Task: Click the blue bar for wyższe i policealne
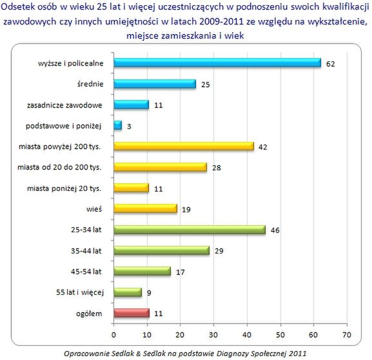217,63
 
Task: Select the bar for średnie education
155,84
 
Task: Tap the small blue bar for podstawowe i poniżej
118,125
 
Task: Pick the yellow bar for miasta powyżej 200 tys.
184,146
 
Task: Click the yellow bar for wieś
145,209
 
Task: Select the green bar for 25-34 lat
190,230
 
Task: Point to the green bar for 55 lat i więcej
128,292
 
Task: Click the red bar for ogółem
132,313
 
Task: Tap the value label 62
331,64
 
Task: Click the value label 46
275,230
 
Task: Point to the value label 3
129,126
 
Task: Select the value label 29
219,251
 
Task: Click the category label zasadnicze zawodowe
64,105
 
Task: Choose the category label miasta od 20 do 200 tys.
59,167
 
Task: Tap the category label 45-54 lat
86,272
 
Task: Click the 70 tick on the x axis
347,335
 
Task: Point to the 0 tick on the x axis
113,335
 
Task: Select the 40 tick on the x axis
247,335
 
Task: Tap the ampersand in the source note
139,354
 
